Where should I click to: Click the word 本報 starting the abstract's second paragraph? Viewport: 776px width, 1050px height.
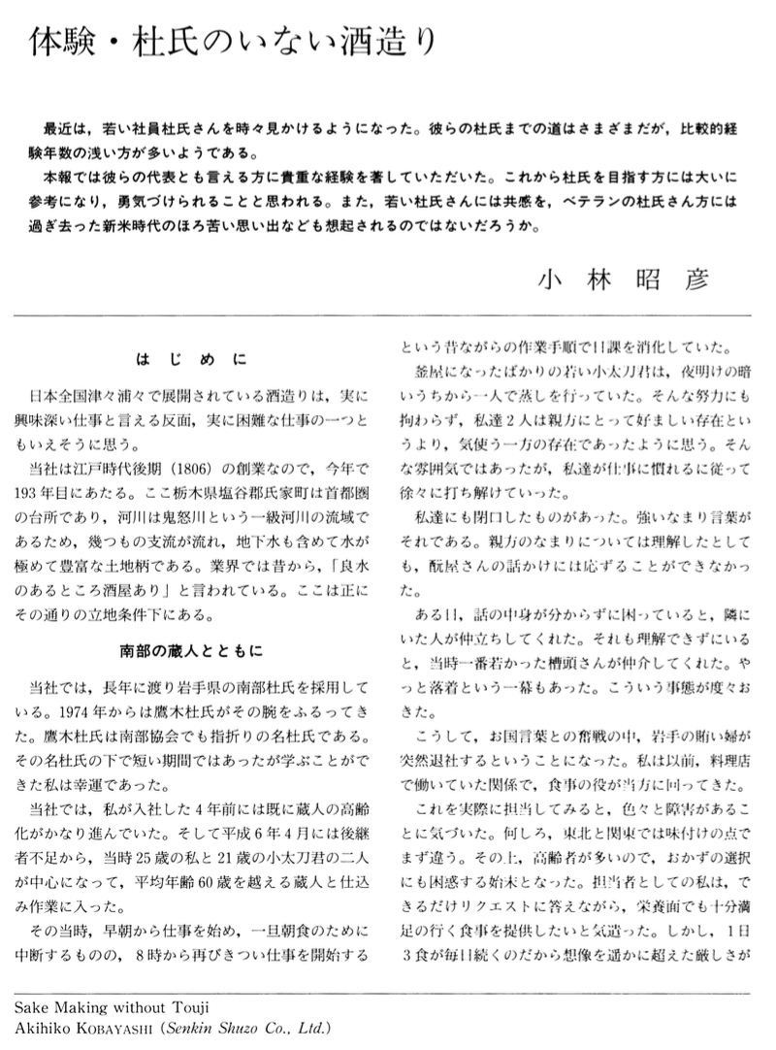tap(56, 180)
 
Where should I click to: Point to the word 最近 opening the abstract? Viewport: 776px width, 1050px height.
tap(56, 129)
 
